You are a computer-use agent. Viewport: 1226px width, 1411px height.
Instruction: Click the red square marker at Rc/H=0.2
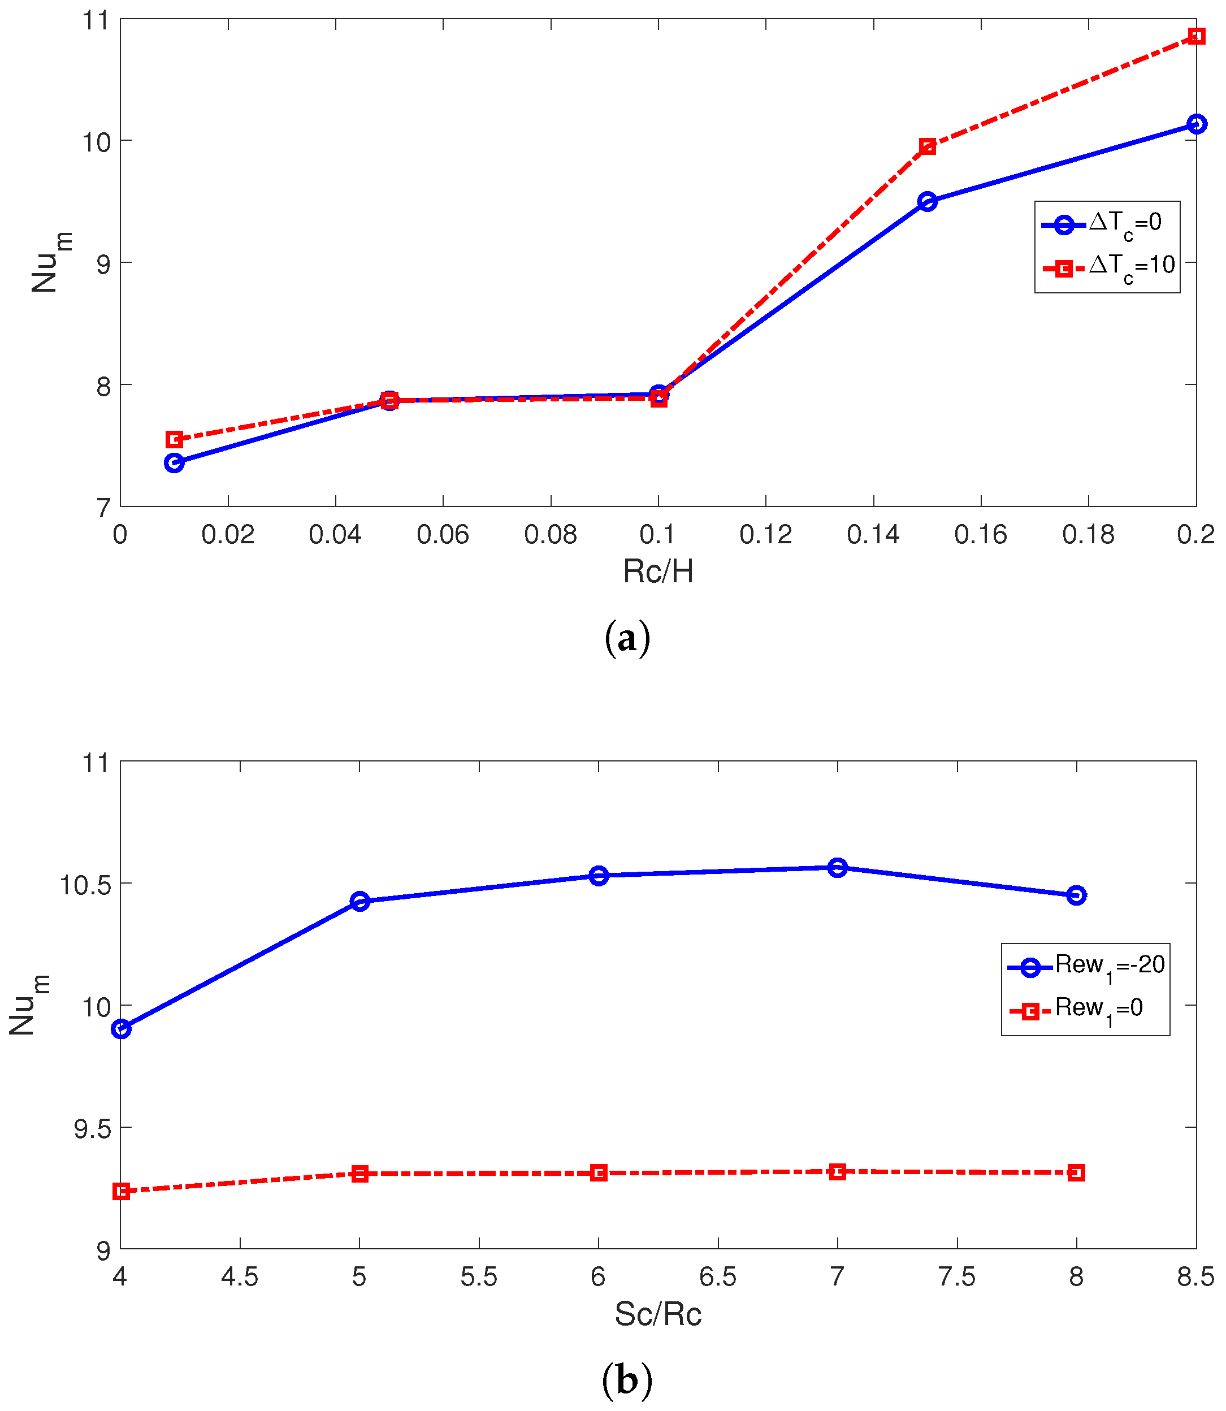1196,36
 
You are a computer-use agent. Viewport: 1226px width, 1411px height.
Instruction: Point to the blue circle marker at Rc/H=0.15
927,201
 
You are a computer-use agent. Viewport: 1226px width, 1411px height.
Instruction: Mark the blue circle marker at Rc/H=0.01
175,462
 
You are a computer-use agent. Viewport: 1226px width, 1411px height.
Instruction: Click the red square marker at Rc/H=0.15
927,146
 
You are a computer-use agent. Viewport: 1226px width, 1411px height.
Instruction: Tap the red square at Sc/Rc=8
1076,1173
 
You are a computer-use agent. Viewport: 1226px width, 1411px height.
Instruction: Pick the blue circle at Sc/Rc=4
121,1028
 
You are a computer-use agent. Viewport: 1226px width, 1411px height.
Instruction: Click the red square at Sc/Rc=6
598,1173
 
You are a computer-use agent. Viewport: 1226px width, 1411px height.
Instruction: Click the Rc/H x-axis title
657,572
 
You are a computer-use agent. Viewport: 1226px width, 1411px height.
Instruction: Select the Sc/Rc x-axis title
657,1314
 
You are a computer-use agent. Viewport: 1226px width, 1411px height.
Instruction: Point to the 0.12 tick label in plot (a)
765,534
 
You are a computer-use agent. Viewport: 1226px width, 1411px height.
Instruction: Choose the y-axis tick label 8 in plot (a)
103,387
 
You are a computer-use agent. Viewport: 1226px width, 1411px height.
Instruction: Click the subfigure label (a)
627,638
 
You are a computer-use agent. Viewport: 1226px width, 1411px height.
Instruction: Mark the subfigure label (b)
627,1379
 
